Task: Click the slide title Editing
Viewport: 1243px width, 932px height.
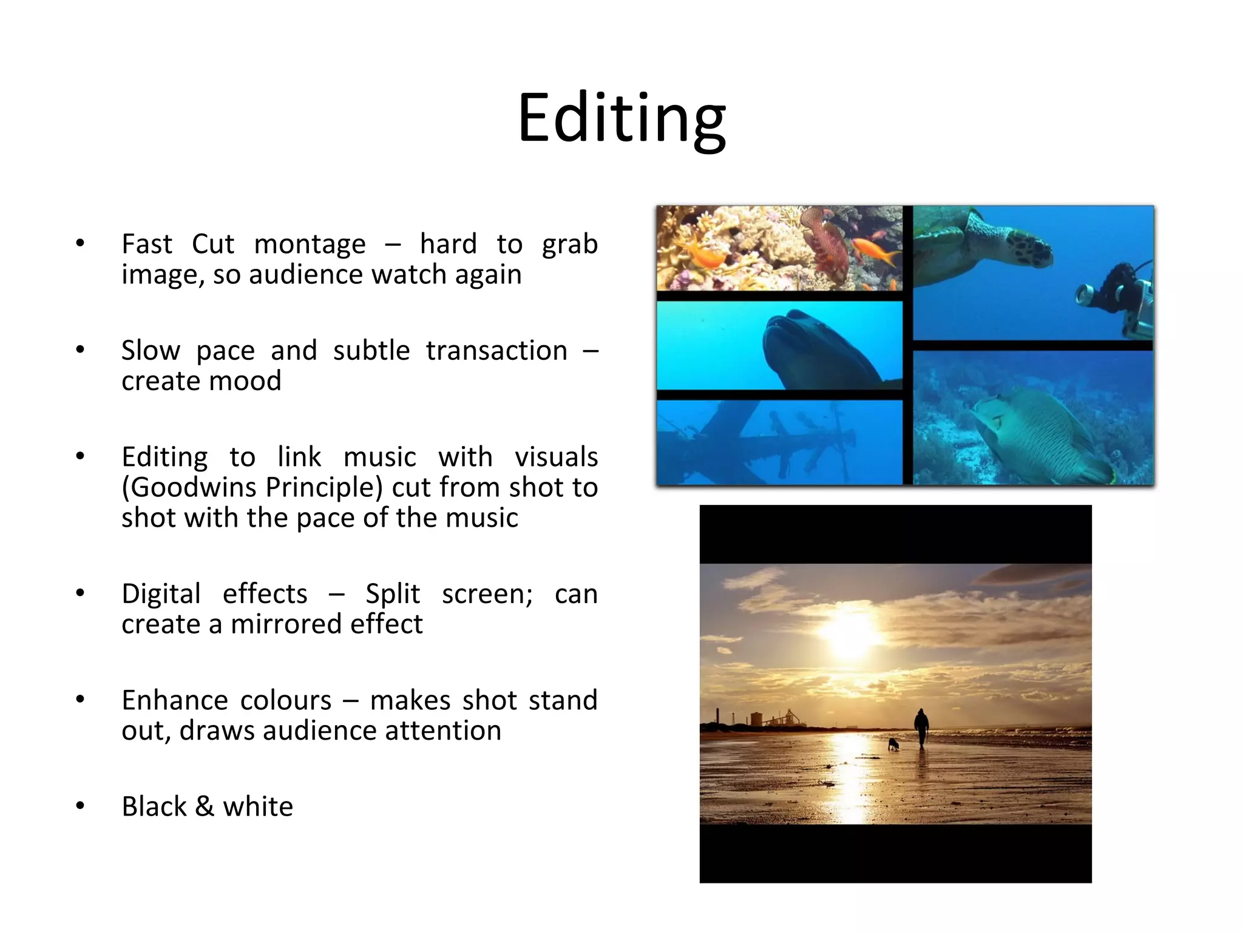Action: pyautogui.click(x=621, y=118)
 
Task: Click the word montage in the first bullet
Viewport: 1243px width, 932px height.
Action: pyautogui.click(x=310, y=245)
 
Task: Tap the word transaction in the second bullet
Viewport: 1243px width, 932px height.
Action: pyautogui.click(x=496, y=351)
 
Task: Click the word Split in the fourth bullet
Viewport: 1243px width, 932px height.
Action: pyautogui.click(x=392, y=594)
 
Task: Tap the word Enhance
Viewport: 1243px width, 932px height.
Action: pyautogui.click(x=166, y=700)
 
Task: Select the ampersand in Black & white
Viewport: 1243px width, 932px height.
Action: pyautogui.click(x=205, y=807)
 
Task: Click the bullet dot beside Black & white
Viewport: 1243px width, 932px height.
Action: pyautogui.click(x=80, y=806)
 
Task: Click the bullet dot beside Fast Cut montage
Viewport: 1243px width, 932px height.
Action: pyautogui.click(x=80, y=243)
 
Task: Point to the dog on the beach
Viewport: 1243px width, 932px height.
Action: pyautogui.click(x=893, y=744)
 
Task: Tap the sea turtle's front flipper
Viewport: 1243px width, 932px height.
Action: pyautogui.click(x=1032, y=249)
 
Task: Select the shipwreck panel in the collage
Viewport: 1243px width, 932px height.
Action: pyautogui.click(x=779, y=442)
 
